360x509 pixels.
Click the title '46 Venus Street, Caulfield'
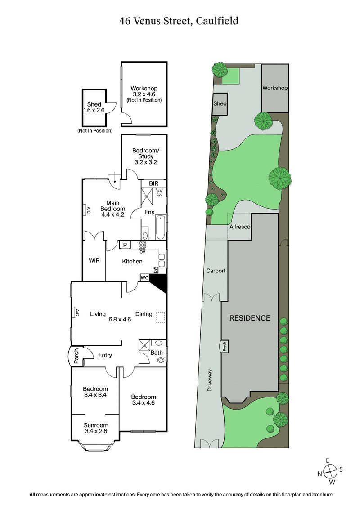tap(179, 21)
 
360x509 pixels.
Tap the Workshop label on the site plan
tap(275, 88)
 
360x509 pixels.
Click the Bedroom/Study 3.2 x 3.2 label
tap(144, 156)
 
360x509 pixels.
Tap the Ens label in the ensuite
tap(149, 212)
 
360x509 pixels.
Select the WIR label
tap(94, 260)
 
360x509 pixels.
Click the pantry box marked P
tap(124, 245)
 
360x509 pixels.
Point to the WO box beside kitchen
tap(145, 278)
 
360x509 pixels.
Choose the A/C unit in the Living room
tap(77, 312)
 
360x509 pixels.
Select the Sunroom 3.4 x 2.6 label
tap(96, 428)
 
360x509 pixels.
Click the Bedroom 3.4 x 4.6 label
tap(144, 400)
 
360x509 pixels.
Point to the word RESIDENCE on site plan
tap(250, 318)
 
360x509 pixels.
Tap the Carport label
tap(216, 271)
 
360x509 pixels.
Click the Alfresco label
tap(240, 228)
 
